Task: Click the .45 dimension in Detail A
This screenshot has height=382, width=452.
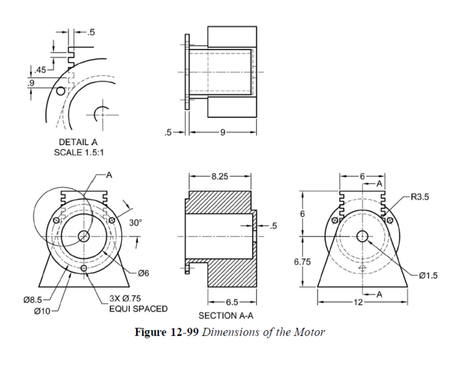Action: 39,72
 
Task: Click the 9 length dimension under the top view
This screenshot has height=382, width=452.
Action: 222,132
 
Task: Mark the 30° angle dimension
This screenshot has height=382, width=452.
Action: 136,223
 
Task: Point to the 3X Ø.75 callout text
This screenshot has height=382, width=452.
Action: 125,298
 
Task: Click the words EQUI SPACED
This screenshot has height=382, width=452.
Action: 138,309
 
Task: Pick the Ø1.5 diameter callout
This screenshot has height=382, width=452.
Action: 429,275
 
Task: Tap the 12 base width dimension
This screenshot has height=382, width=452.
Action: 358,303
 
